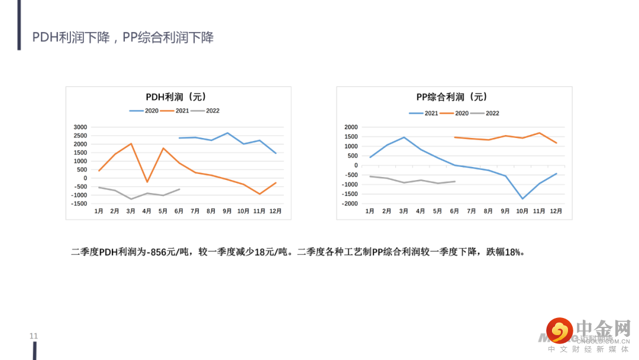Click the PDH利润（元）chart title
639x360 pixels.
tap(176, 97)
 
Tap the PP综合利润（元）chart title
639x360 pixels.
tap(452, 97)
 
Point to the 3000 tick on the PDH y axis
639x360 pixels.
tap(80, 127)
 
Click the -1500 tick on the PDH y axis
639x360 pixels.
tap(79, 204)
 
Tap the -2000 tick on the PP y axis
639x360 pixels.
tap(350, 204)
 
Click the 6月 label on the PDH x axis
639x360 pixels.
tap(179, 211)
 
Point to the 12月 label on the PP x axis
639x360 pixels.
tap(556, 211)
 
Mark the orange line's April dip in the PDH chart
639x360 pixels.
tap(147, 182)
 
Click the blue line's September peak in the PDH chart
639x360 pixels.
tap(228, 133)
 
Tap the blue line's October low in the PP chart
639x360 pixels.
tap(522, 198)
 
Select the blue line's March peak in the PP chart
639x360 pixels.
tap(404, 137)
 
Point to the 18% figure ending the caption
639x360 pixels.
tap(514, 252)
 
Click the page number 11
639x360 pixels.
tap(34, 336)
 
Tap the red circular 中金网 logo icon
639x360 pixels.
tap(559, 331)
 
